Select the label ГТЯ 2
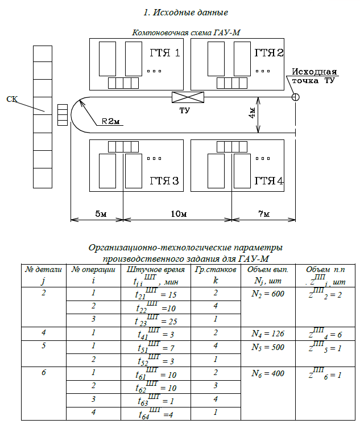click(x=269, y=53)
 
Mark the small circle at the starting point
click(x=296, y=97)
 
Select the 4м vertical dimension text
click(x=251, y=114)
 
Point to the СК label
click(x=12, y=100)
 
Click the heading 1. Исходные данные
click(x=180, y=12)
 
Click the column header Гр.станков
click(x=216, y=269)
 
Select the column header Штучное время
click(x=154, y=269)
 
